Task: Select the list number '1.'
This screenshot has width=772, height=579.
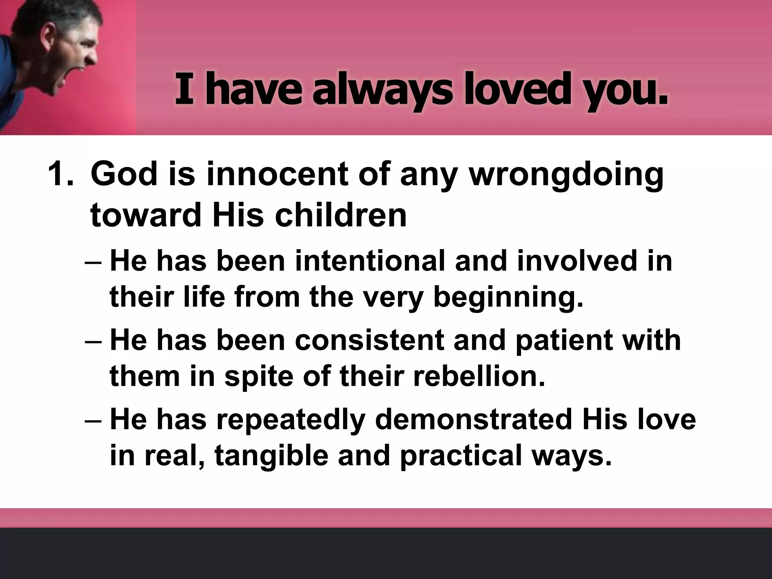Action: [x=61, y=175]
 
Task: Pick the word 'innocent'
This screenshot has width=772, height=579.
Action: [x=277, y=175]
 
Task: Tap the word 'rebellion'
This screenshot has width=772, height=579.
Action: [x=479, y=376]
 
